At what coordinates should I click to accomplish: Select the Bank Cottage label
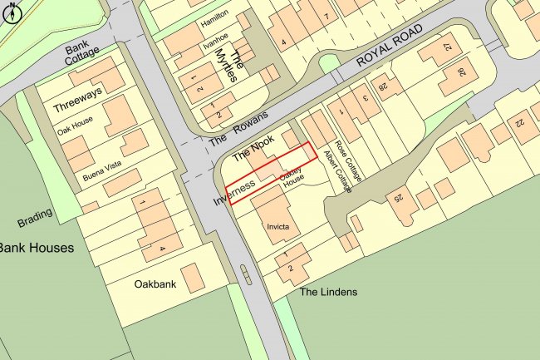coord(83,56)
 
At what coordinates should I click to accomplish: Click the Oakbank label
coord(155,284)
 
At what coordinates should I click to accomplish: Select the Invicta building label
coord(278,226)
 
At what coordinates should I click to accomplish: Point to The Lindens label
coord(328,292)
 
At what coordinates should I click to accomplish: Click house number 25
coord(398,198)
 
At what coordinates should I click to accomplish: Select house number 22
coord(519,121)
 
